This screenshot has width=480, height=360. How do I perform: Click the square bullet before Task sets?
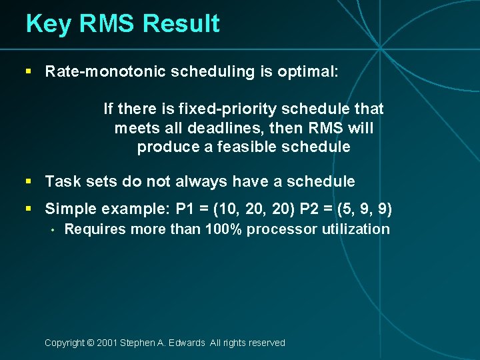coord(29,181)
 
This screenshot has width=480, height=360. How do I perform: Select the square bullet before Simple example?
coord(29,209)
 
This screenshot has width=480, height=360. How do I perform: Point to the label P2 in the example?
coord(310,209)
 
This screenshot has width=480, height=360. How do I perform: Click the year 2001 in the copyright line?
coord(107,343)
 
